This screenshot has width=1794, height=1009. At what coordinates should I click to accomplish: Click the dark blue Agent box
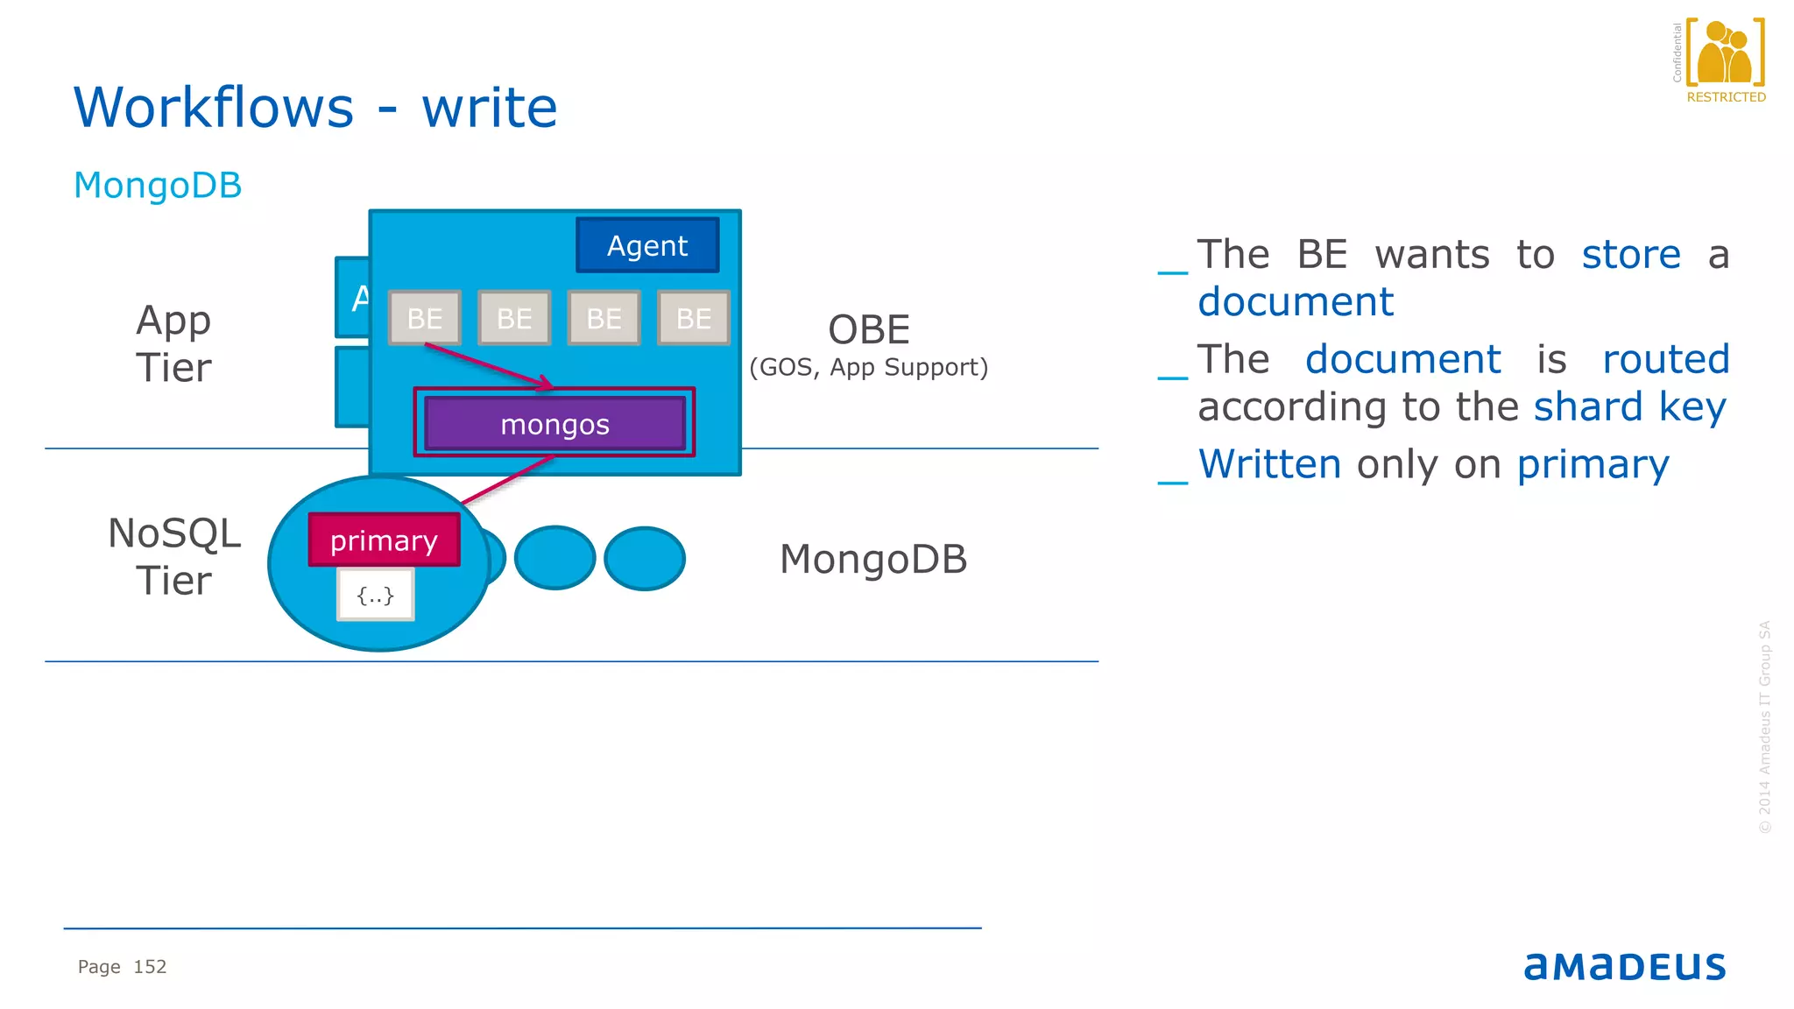point(647,245)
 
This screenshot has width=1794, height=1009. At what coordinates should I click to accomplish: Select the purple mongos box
point(554,424)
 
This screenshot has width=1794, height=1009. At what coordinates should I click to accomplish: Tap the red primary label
point(384,540)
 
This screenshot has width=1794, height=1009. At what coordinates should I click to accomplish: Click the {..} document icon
point(376,596)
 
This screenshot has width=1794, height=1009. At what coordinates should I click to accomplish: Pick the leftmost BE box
point(425,318)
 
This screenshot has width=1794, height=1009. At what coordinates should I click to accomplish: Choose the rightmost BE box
point(693,318)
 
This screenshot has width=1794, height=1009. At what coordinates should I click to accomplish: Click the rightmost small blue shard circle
point(645,558)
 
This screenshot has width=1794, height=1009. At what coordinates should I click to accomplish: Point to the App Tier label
point(173,343)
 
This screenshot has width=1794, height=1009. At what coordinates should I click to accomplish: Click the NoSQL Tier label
point(173,556)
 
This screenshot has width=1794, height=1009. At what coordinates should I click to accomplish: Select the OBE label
point(869,330)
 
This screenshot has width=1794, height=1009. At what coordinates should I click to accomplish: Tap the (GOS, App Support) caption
point(868,367)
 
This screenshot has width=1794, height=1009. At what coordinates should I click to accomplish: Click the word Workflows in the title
point(214,108)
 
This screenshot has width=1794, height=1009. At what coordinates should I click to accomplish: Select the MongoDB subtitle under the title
point(158,186)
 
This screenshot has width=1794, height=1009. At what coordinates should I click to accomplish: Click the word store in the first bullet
point(1630,255)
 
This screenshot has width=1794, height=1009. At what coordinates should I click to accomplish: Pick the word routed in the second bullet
point(1665,359)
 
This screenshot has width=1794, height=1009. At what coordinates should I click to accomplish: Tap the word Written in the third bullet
point(1269,464)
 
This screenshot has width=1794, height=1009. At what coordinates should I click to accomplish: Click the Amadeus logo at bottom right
point(1624,966)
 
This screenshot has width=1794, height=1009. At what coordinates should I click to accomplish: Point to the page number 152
point(150,966)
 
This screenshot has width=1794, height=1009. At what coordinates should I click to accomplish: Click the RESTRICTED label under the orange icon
point(1726,97)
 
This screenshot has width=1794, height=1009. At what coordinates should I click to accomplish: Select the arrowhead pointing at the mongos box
point(546,384)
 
